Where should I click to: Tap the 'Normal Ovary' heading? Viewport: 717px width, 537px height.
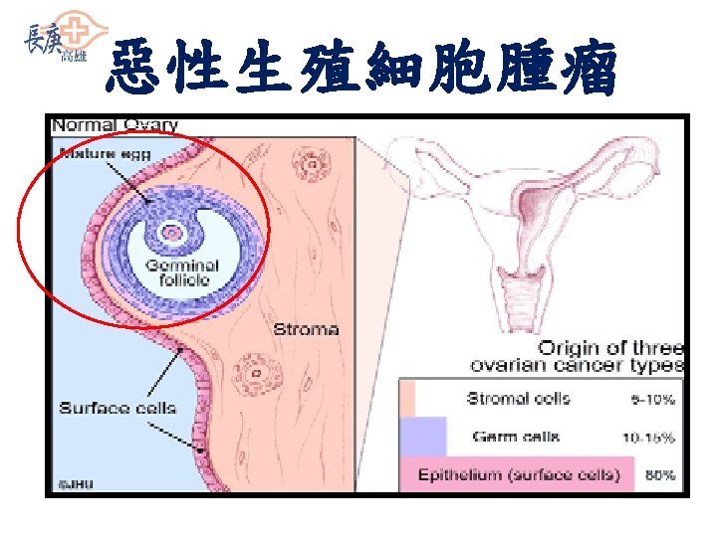click(x=116, y=125)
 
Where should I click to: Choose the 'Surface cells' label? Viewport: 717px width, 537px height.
click(x=118, y=407)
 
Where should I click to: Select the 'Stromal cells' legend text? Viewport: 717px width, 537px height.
click(x=519, y=399)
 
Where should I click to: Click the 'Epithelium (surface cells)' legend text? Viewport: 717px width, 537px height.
click(x=518, y=474)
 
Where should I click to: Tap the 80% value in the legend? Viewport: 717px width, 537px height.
click(x=659, y=475)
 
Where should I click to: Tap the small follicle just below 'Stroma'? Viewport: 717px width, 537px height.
click(x=255, y=375)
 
